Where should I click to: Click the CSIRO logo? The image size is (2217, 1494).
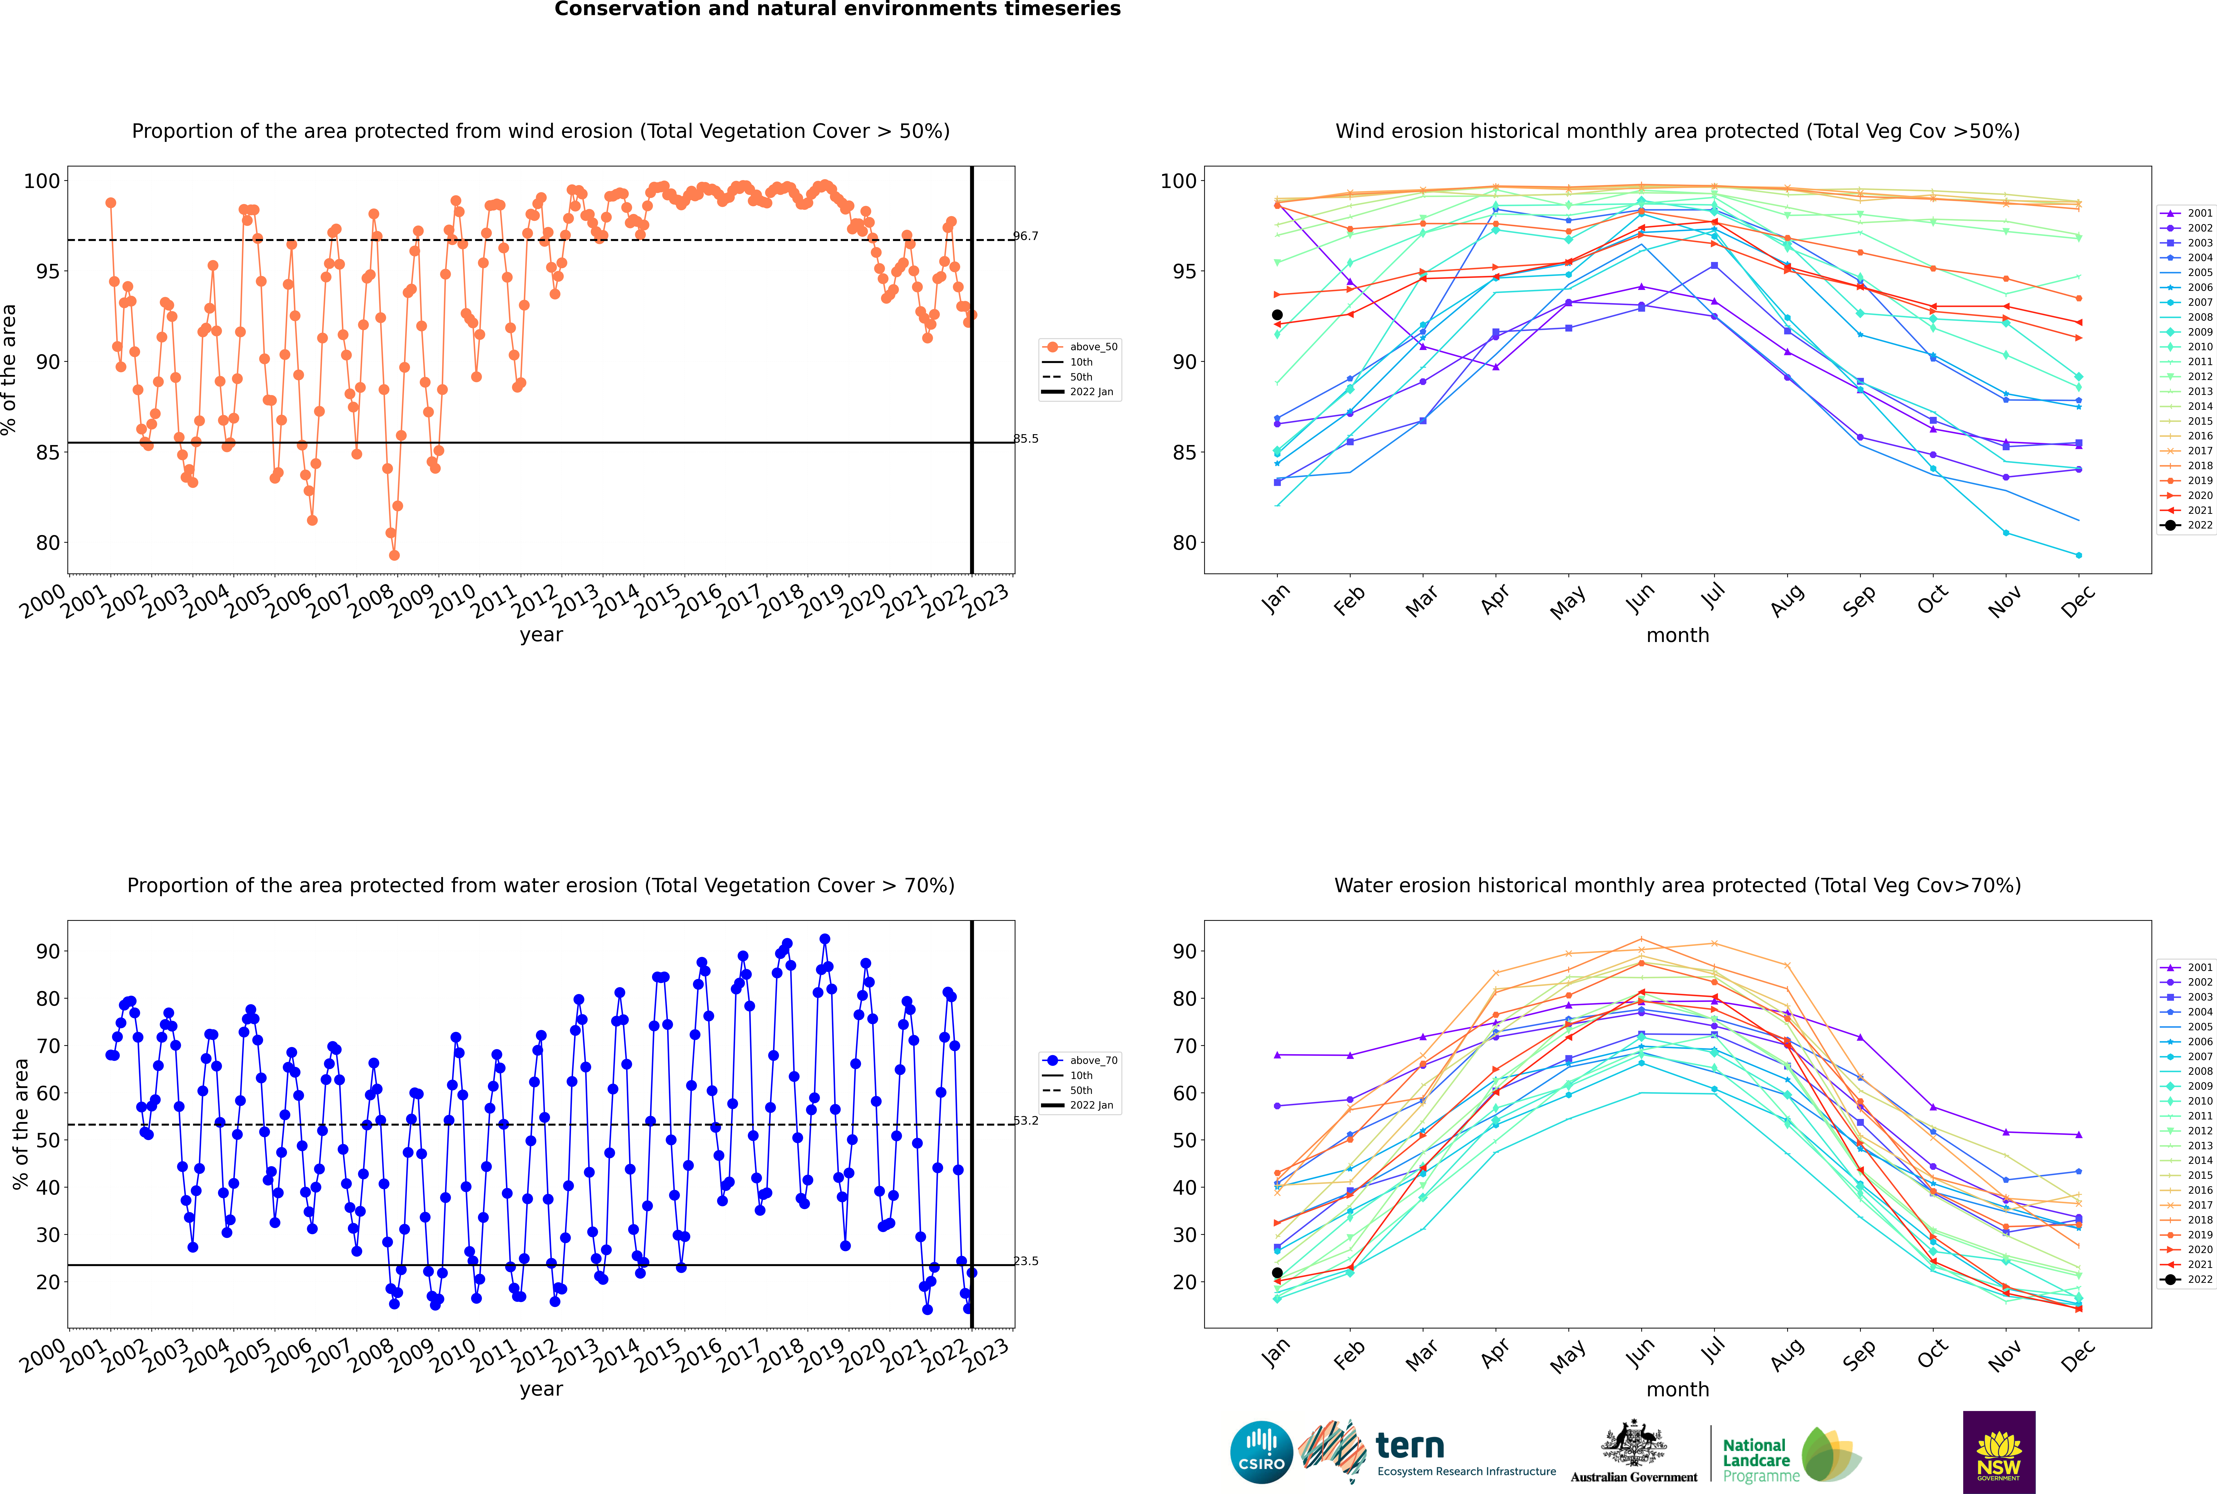pos(1261,1452)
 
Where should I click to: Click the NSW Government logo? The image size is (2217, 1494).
pos(1999,1451)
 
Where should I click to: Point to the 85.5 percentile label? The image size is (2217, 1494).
pos(1026,439)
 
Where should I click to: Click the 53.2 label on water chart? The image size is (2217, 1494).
pos(1026,1120)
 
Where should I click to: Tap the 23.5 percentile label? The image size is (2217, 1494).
pos(1026,1261)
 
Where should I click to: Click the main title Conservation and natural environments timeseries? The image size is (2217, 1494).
pos(837,9)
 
